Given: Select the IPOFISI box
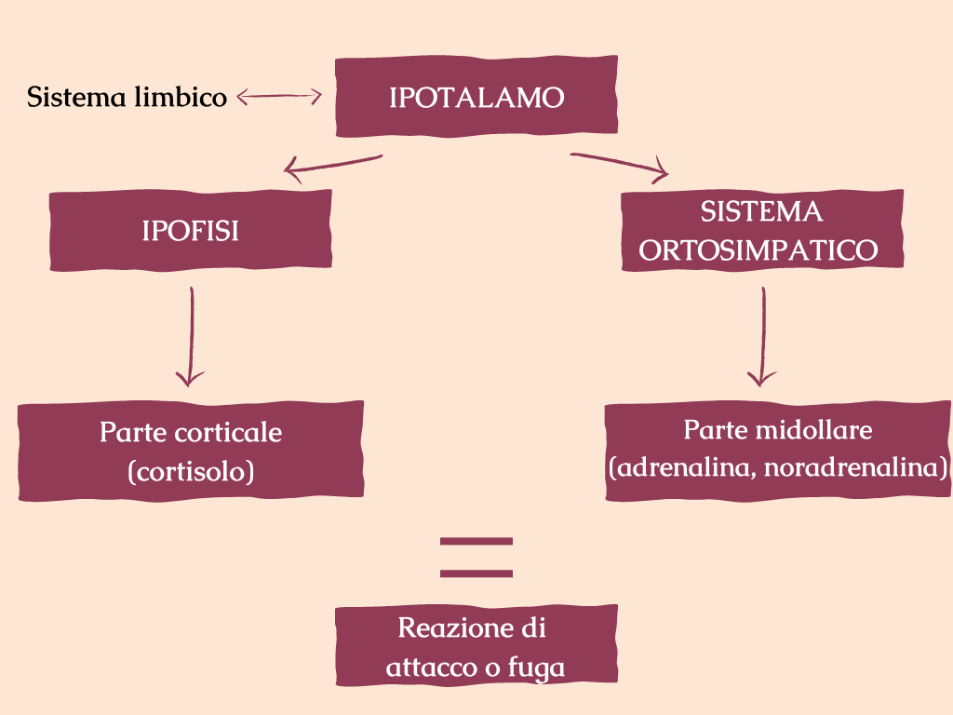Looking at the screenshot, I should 190,231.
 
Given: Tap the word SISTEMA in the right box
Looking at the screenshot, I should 761,212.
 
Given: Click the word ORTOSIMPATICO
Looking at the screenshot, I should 761,250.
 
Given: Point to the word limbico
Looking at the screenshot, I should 177,97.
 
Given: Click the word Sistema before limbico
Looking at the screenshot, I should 77,97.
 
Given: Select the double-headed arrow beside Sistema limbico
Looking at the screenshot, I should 279,96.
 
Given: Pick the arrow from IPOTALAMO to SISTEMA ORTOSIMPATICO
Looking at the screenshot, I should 620,165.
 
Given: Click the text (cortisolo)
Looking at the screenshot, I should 191,471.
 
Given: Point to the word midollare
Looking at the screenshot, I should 814,430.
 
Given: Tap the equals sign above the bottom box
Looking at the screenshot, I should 476,557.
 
